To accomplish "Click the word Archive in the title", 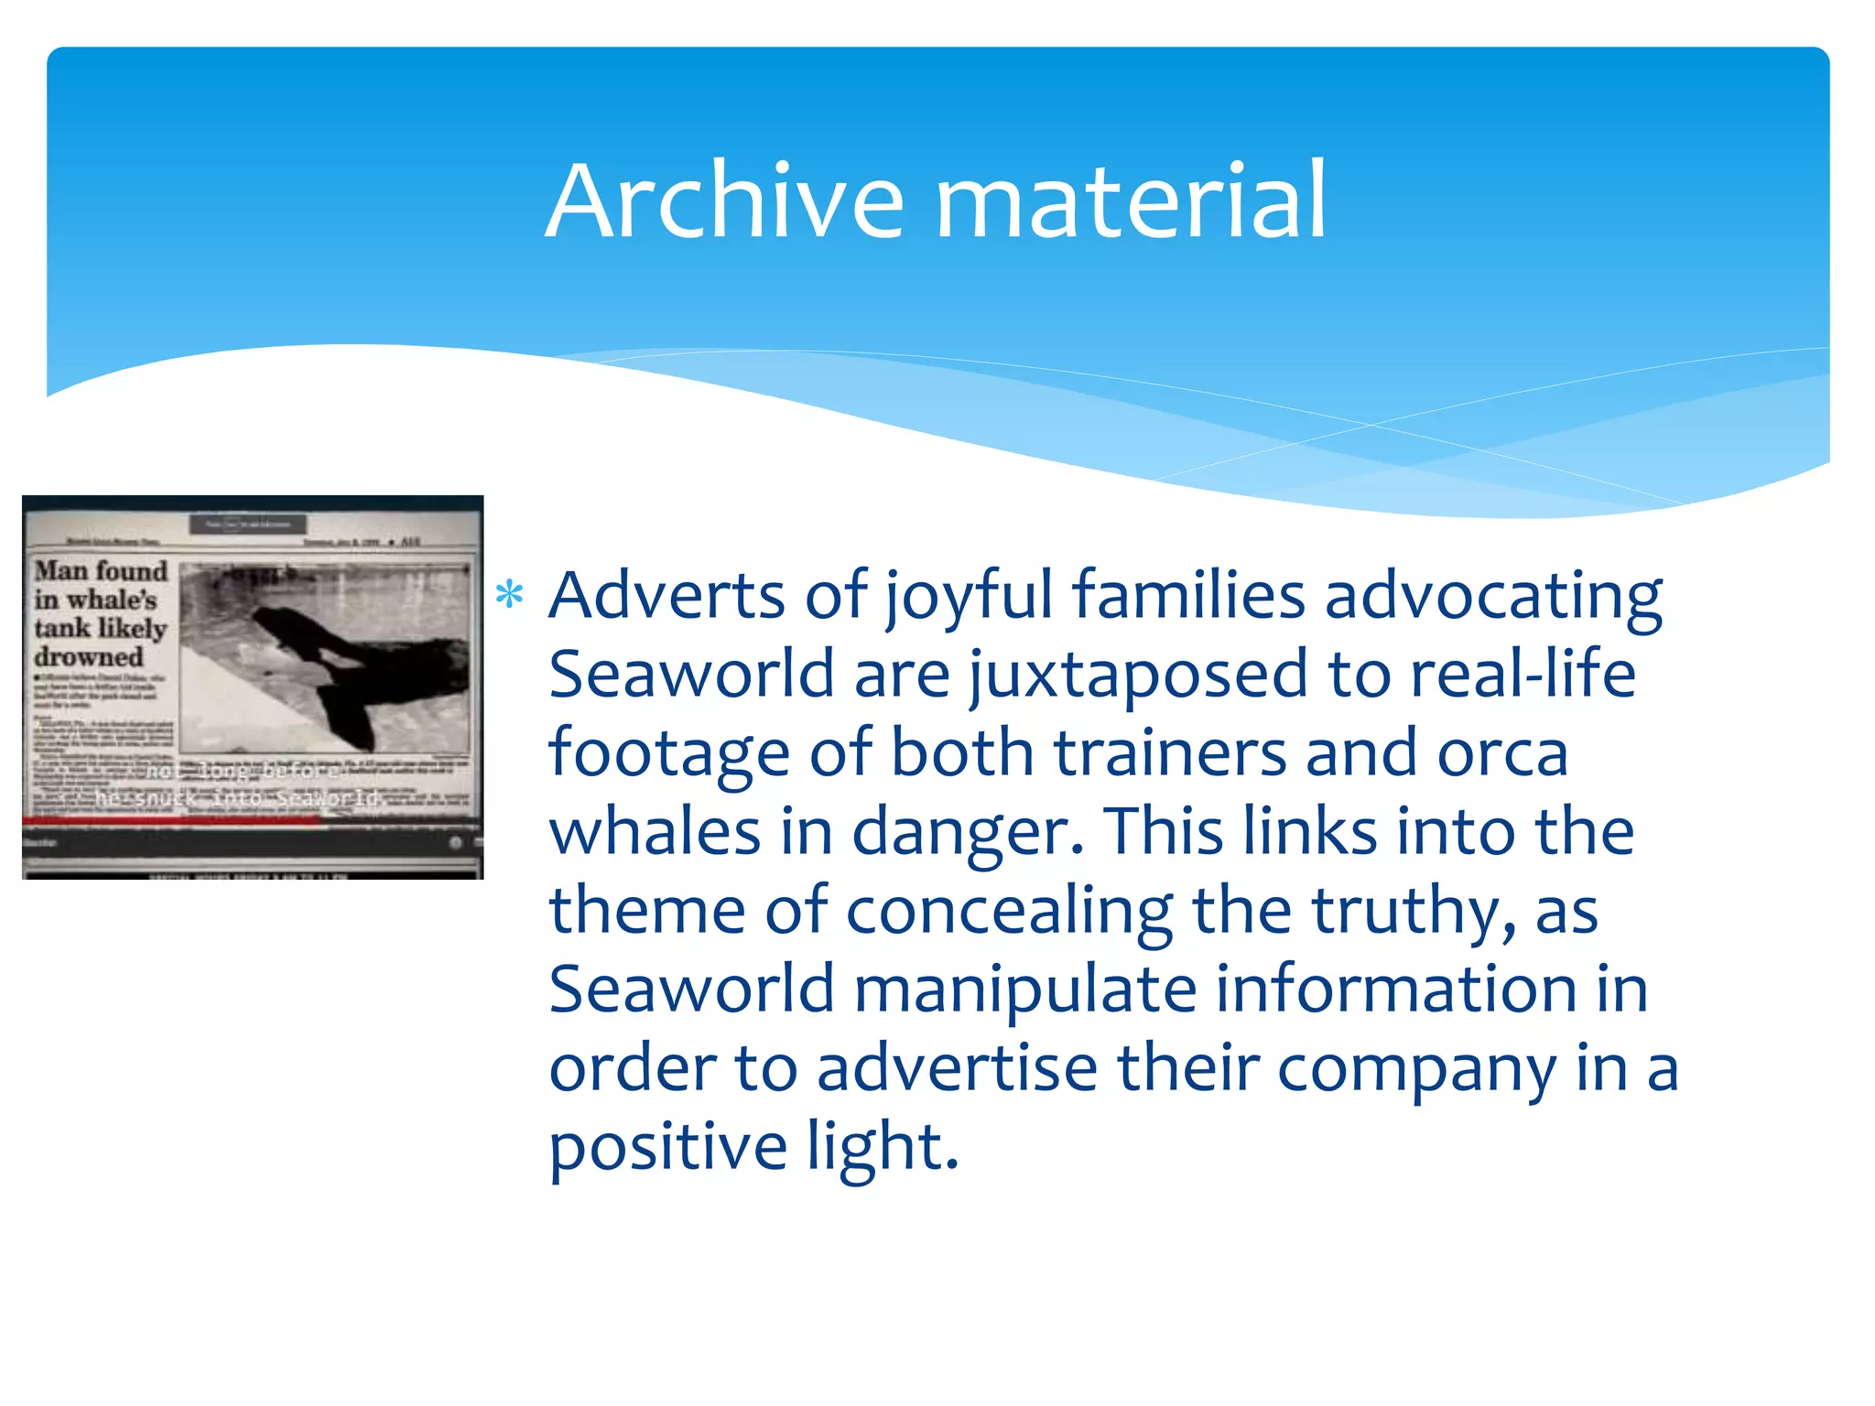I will (724, 200).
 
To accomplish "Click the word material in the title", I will (1130, 200).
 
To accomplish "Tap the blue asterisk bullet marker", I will (509, 596).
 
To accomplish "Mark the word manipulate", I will (1025, 990).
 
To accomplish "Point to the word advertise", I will (957, 1068).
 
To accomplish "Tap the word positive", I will (667, 1148).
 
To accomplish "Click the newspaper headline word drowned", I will (89, 657).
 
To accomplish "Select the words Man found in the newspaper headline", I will (101, 571).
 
